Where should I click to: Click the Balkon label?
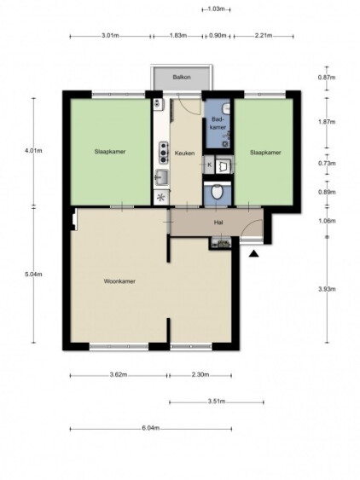(x=182, y=77)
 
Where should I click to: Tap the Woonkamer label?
(x=119, y=281)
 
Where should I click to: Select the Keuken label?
(x=184, y=153)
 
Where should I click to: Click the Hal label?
(x=218, y=223)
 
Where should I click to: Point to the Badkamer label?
(x=218, y=123)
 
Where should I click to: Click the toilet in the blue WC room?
(x=218, y=191)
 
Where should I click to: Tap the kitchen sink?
(x=161, y=177)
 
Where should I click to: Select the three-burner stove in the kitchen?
(x=164, y=152)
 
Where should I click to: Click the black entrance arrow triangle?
(x=254, y=254)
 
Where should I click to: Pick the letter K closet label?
(x=210, y=165)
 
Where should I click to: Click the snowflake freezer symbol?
(x=161, y=197)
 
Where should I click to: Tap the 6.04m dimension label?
(x=151, y=428)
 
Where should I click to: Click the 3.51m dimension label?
(x=217, y=402)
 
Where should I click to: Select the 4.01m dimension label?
(x=33, y=151)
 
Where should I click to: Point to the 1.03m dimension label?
(x=217, y=9)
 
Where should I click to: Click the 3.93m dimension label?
(x=328, y=289)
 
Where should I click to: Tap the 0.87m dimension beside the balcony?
(x=328, y=78)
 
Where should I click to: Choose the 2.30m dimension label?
(x=200, y=374)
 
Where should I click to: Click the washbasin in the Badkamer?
(x=226, y=107)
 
